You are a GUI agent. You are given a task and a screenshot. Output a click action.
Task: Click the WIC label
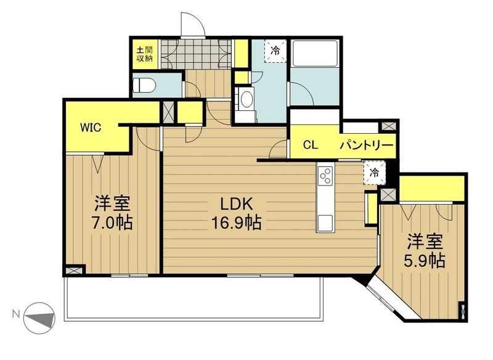91,128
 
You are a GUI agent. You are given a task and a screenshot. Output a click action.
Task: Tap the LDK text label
236,205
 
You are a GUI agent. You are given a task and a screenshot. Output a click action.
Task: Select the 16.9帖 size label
236,223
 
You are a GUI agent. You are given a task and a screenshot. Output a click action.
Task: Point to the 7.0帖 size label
112,223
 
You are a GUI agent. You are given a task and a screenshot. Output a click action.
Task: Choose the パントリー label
367,145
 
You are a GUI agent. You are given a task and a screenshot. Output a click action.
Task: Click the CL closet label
311,145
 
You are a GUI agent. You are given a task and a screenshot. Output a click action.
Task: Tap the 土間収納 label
144,54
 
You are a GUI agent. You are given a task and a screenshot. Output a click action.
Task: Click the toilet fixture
144,85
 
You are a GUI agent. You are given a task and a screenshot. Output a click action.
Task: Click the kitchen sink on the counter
325,223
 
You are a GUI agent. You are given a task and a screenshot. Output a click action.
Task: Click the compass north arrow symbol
40,318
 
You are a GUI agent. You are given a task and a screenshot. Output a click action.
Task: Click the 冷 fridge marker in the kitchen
374,173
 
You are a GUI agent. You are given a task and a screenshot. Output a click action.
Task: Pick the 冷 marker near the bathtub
275,51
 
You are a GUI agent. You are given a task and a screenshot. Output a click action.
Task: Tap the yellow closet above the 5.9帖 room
431,188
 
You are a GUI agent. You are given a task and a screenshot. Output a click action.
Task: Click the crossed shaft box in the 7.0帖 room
73,270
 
